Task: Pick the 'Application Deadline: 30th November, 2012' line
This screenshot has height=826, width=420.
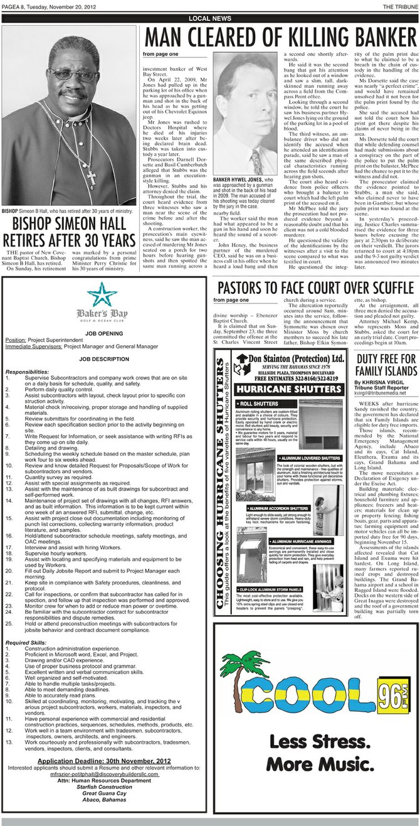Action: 104,761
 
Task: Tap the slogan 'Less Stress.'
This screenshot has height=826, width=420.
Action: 314,761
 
